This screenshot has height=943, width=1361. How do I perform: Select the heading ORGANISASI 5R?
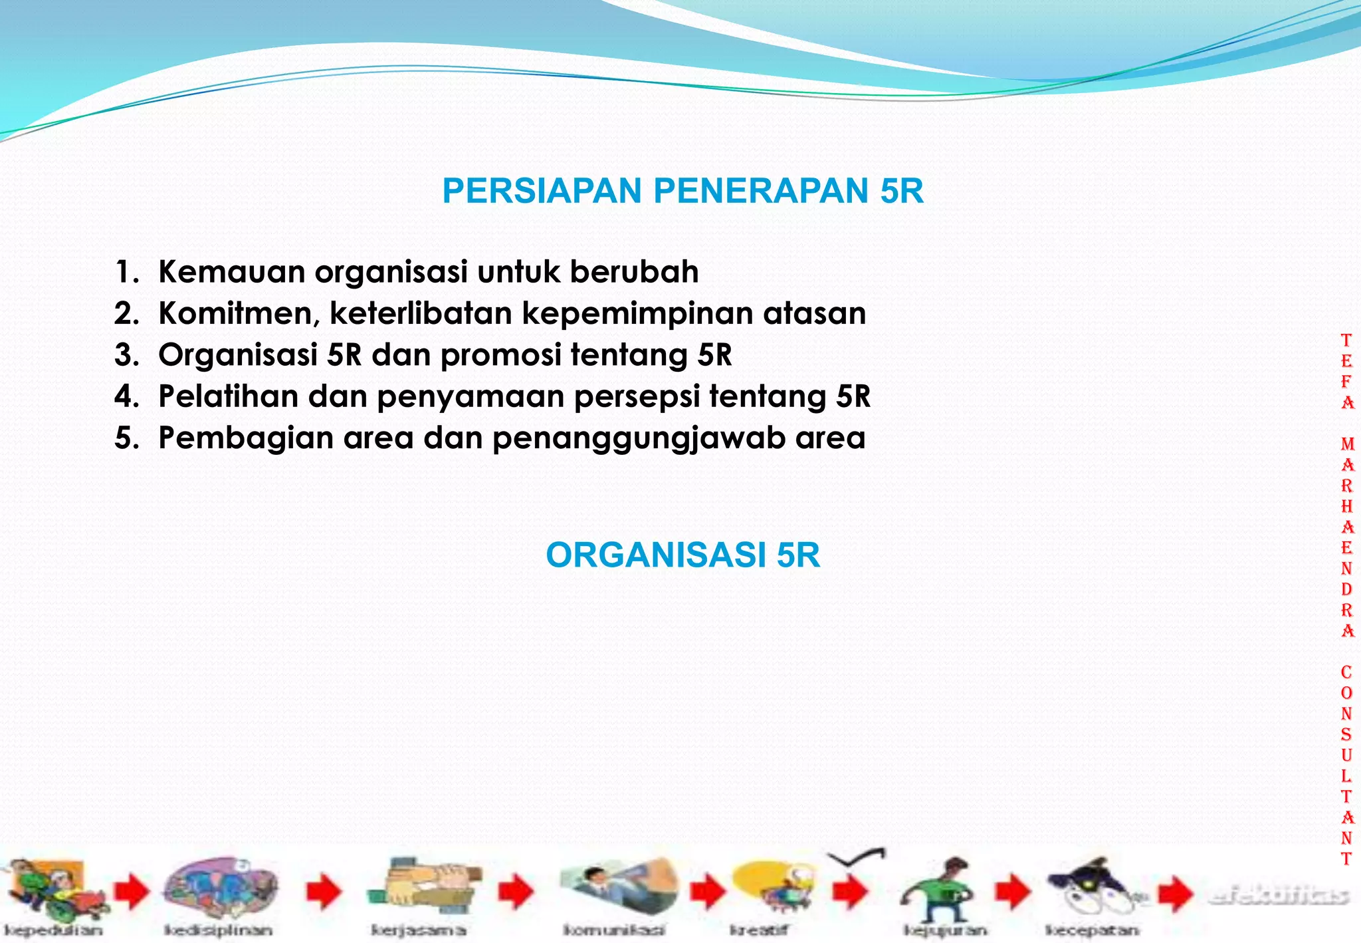pos(682,555)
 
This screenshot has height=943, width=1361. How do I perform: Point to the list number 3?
pos(125,355)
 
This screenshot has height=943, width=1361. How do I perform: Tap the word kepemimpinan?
pos(637,314)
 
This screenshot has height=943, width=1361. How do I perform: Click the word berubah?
pos(634,272)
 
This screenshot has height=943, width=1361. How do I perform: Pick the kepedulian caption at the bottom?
pos(53,930)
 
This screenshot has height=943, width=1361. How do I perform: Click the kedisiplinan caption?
pos(218,930)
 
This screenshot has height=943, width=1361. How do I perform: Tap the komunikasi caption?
pos(613,930)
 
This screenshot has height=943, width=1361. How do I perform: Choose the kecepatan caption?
pos(1092,930)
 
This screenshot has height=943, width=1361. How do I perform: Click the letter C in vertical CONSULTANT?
pos(1346,672)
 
